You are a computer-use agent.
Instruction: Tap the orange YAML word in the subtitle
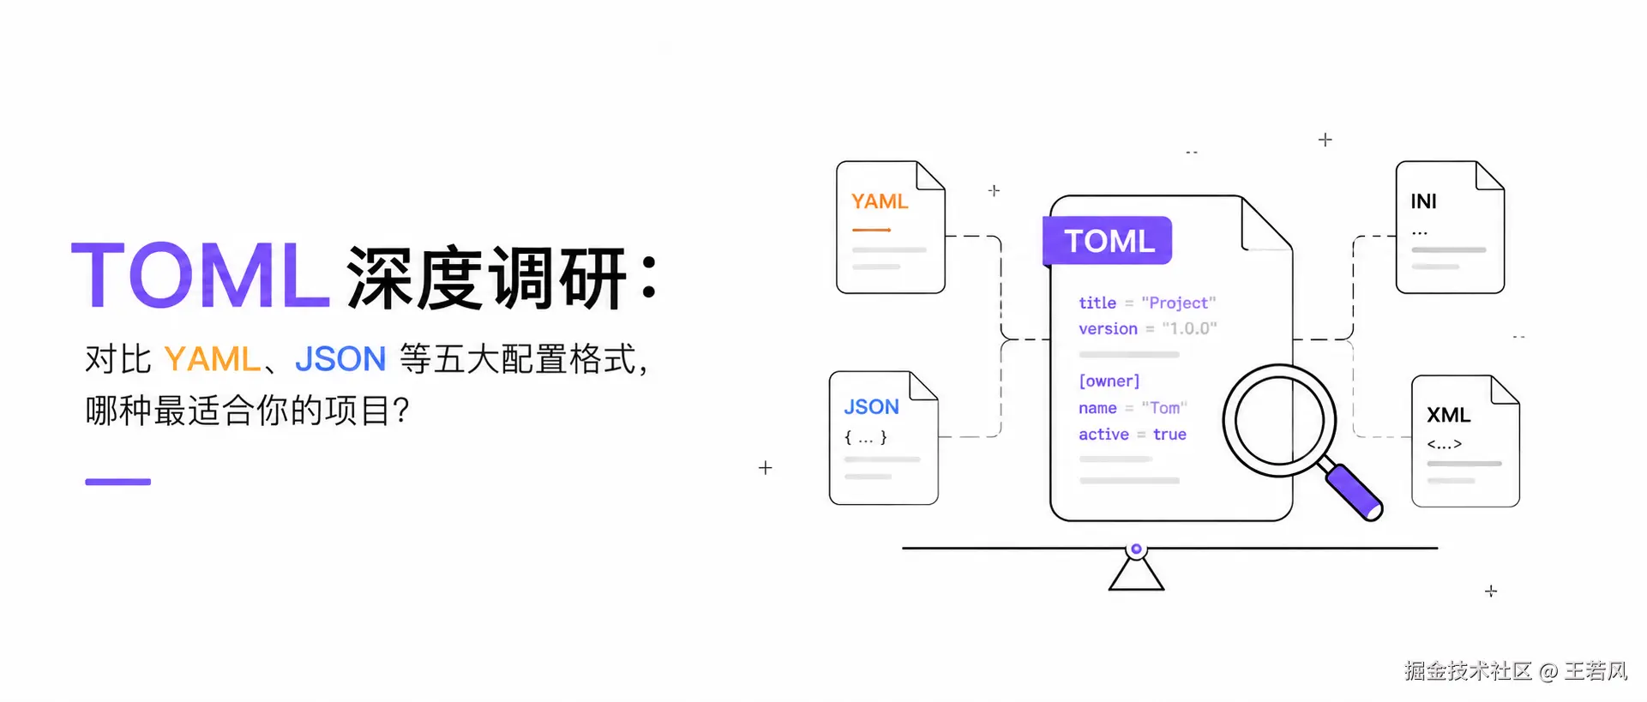coord(212,359)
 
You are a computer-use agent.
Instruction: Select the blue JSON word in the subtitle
coord(340,359)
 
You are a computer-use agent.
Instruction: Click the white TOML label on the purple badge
coord(1109,241)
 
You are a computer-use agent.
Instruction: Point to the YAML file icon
coord(891,227)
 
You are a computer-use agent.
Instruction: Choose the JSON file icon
coord(884,438)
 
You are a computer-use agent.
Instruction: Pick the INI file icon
coord(1450,227)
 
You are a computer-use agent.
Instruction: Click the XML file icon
coord(1465,441)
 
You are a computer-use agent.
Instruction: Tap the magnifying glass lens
coord(1279,421)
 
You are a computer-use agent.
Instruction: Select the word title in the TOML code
coord(1097,303)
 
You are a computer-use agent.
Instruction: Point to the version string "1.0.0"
coord(1189,328)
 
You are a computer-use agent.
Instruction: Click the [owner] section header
coord(1109,381)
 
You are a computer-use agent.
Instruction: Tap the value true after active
coord(1169,435)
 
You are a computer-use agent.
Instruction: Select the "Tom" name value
coord(1164,408)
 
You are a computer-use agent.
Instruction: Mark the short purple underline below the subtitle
coord(118,482)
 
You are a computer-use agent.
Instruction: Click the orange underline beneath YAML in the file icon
coord(871,230)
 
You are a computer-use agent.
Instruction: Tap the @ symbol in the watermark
coord(1548,671)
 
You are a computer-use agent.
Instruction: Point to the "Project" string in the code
coord(1178,303)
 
